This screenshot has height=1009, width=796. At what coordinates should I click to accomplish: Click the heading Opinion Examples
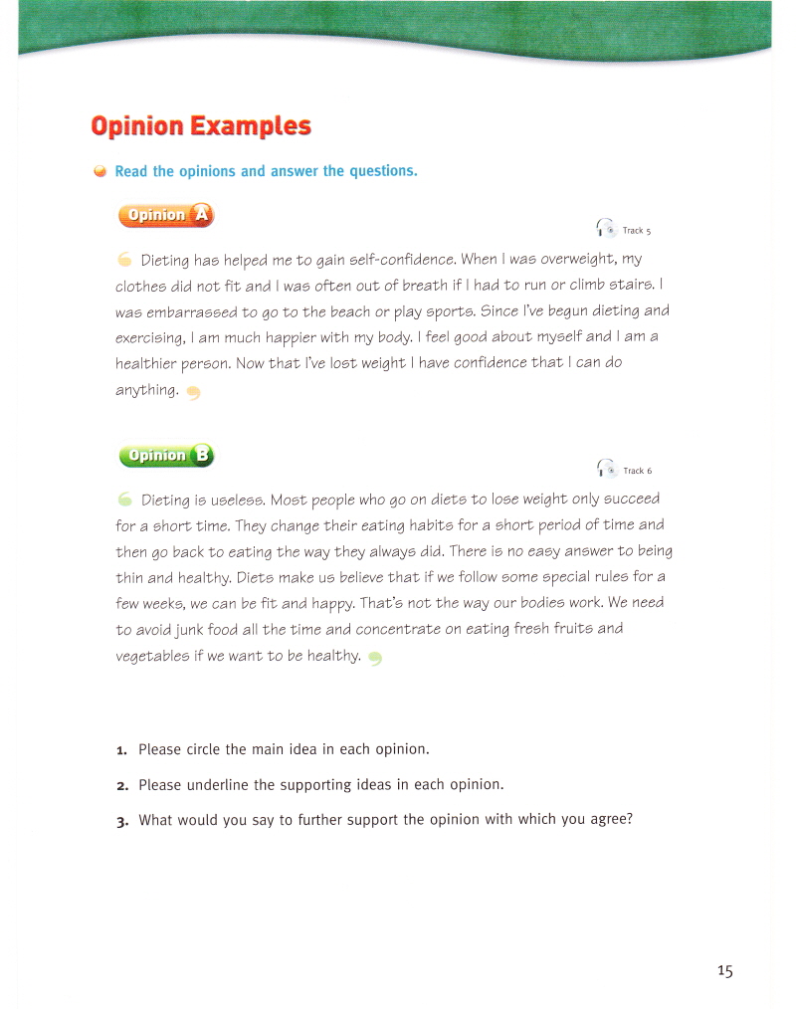click(201, 126)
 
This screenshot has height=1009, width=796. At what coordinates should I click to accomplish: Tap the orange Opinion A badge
click(165, 215)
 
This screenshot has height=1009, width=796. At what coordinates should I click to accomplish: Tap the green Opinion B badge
click(165, 456)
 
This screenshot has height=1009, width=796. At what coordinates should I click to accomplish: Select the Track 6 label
click(637, 472)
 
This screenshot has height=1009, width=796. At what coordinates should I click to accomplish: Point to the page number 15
click(723, 971)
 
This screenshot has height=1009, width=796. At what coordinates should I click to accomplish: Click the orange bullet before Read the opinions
click(99, 171)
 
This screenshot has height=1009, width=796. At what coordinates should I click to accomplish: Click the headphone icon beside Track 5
click(605, 228)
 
